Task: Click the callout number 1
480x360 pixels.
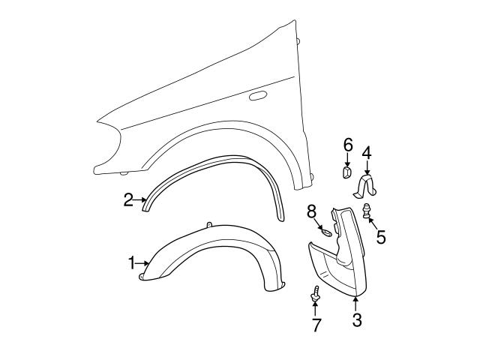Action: click(130, 263)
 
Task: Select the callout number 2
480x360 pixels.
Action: click(128, 199)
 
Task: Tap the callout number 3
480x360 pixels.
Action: click(357, 320)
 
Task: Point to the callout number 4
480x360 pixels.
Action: click(367, 154)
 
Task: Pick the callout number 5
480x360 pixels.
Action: click(381, 238)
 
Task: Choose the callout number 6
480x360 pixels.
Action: click(348, 145)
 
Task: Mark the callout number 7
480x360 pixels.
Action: click(316, 325)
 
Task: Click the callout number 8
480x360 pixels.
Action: click(311, 214)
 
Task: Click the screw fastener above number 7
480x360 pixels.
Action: click(316, 296)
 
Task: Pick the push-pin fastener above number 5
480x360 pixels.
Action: click(367, 211)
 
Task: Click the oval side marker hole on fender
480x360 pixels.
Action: click(257, 96)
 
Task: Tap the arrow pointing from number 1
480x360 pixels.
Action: click(142, 263)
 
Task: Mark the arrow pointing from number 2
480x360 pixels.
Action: click(140, 199)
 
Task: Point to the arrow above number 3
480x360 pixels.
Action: click(357, 304)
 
